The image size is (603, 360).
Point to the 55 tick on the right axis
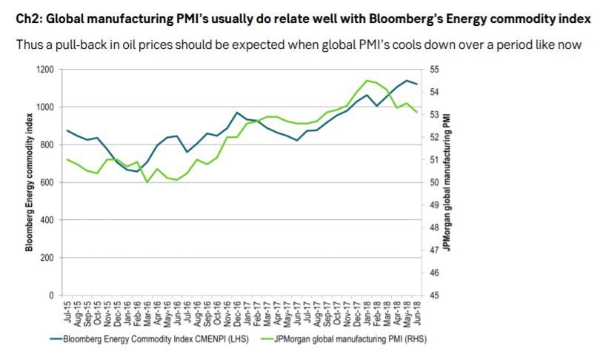tap(433, 70)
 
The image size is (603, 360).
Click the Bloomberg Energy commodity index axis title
tap(30, 181)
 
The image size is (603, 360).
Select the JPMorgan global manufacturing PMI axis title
tap(447, 181)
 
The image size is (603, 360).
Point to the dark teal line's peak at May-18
tap(406, 80)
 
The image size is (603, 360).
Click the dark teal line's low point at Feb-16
tap(137, 172)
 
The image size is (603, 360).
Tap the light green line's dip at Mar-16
tap(147, 182)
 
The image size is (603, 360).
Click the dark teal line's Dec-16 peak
tap(236, 113)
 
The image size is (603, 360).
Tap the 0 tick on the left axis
tap(51, 296)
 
